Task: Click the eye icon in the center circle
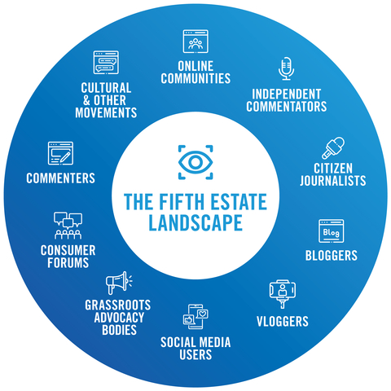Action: [195, 162]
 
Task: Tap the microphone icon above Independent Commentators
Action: [286, 68]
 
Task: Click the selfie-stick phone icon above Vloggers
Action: [283, 294]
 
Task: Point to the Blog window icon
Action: [331, 231]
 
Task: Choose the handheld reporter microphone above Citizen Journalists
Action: [333, 148]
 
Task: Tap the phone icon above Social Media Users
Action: [195, 317]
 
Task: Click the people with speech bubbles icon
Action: [68, 226]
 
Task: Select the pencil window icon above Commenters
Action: [60, 153]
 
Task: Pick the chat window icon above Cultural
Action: [106, 63]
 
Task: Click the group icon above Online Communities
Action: [195, 42]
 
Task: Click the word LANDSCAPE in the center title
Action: [195, 222]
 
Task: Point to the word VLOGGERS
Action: [283, 321]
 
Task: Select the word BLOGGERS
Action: [332, 255]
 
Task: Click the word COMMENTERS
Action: [60, 178]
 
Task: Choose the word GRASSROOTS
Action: [118, 305]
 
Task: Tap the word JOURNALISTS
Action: [333, 181]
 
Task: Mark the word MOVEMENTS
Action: [106, 112]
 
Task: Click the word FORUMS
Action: [68, 262]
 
